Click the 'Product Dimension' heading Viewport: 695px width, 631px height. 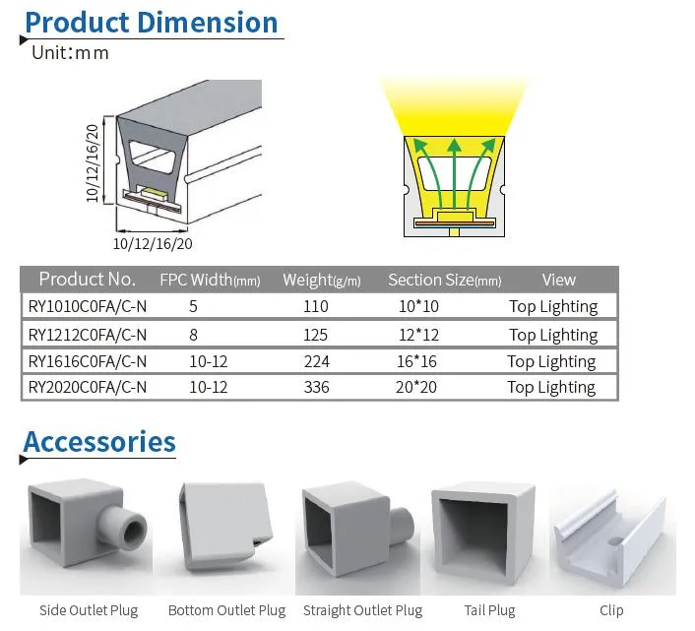pyautogui.click(x=152, y=23)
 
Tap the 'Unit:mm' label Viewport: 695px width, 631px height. pyautogui.click(x=70, y=53)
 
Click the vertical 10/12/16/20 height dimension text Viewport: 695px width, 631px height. pyautogui.click(x=93, y=163)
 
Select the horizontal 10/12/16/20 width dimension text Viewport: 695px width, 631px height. pyautogui.click(x=153, y=244)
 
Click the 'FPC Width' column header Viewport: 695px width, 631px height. pyautogui.click(x=210, y=280)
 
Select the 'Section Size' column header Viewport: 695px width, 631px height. pyautogui.click(x=445, y=280)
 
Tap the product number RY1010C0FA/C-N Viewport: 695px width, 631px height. pyautogui.click(x=88, y=306)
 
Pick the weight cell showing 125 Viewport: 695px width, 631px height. pyautogui.click(x=315, y=335)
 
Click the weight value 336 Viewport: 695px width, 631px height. pyautogui.click(x=316, y=387)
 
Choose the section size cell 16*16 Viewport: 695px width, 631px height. pyautogui.click(x=416, y=361)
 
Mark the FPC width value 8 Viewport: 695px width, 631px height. pyautogui.click(x=193, y=335)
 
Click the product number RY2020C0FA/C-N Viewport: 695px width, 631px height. pyautogui.click(x=88, y=387)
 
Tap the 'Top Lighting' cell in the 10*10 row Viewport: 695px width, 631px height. pyautogui.click(x=553, y=306)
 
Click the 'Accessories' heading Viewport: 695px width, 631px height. pyautogui.click(x=99, y=442)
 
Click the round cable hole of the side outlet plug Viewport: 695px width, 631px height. pyautogui.click(x=134, y=530)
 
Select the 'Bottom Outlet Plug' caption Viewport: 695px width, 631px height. pyautogui.click(x=227, y=610)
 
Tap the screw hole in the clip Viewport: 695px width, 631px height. pyautogui.click(x=615, y=541)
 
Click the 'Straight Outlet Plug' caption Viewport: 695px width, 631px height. pyautogui.click(x=362, y=610)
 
